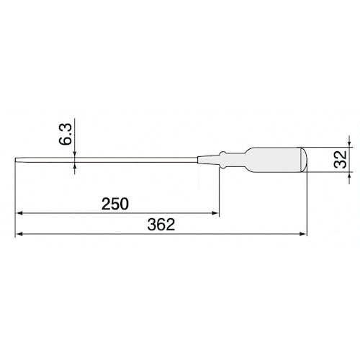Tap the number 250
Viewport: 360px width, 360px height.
click(114, 204)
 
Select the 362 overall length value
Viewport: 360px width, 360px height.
click(161, 225)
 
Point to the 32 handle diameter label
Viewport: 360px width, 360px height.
click(338, 158)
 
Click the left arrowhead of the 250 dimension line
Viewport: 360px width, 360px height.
click(20, 213)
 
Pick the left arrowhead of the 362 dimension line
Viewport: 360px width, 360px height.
click(20, 234)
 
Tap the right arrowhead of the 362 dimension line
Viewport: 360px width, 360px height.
click(303, 234)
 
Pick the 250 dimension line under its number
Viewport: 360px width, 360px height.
click(115, 213)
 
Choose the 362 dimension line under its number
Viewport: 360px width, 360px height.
click(161, 234)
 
